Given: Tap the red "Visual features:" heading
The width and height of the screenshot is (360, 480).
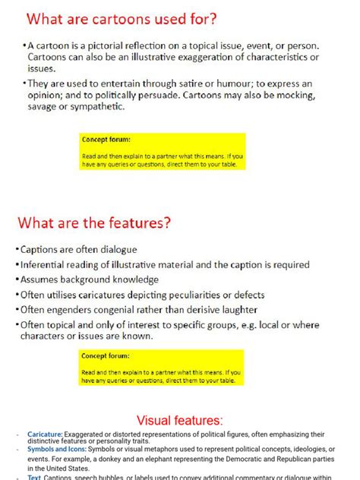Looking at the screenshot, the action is pyautogui.click(x=180, y=420).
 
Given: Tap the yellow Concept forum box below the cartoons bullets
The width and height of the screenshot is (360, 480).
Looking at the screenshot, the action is pyautogui.click(x=161, y=152).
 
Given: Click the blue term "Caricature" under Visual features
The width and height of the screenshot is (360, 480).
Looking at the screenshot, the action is pyautogui.click(x=44, y=434).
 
